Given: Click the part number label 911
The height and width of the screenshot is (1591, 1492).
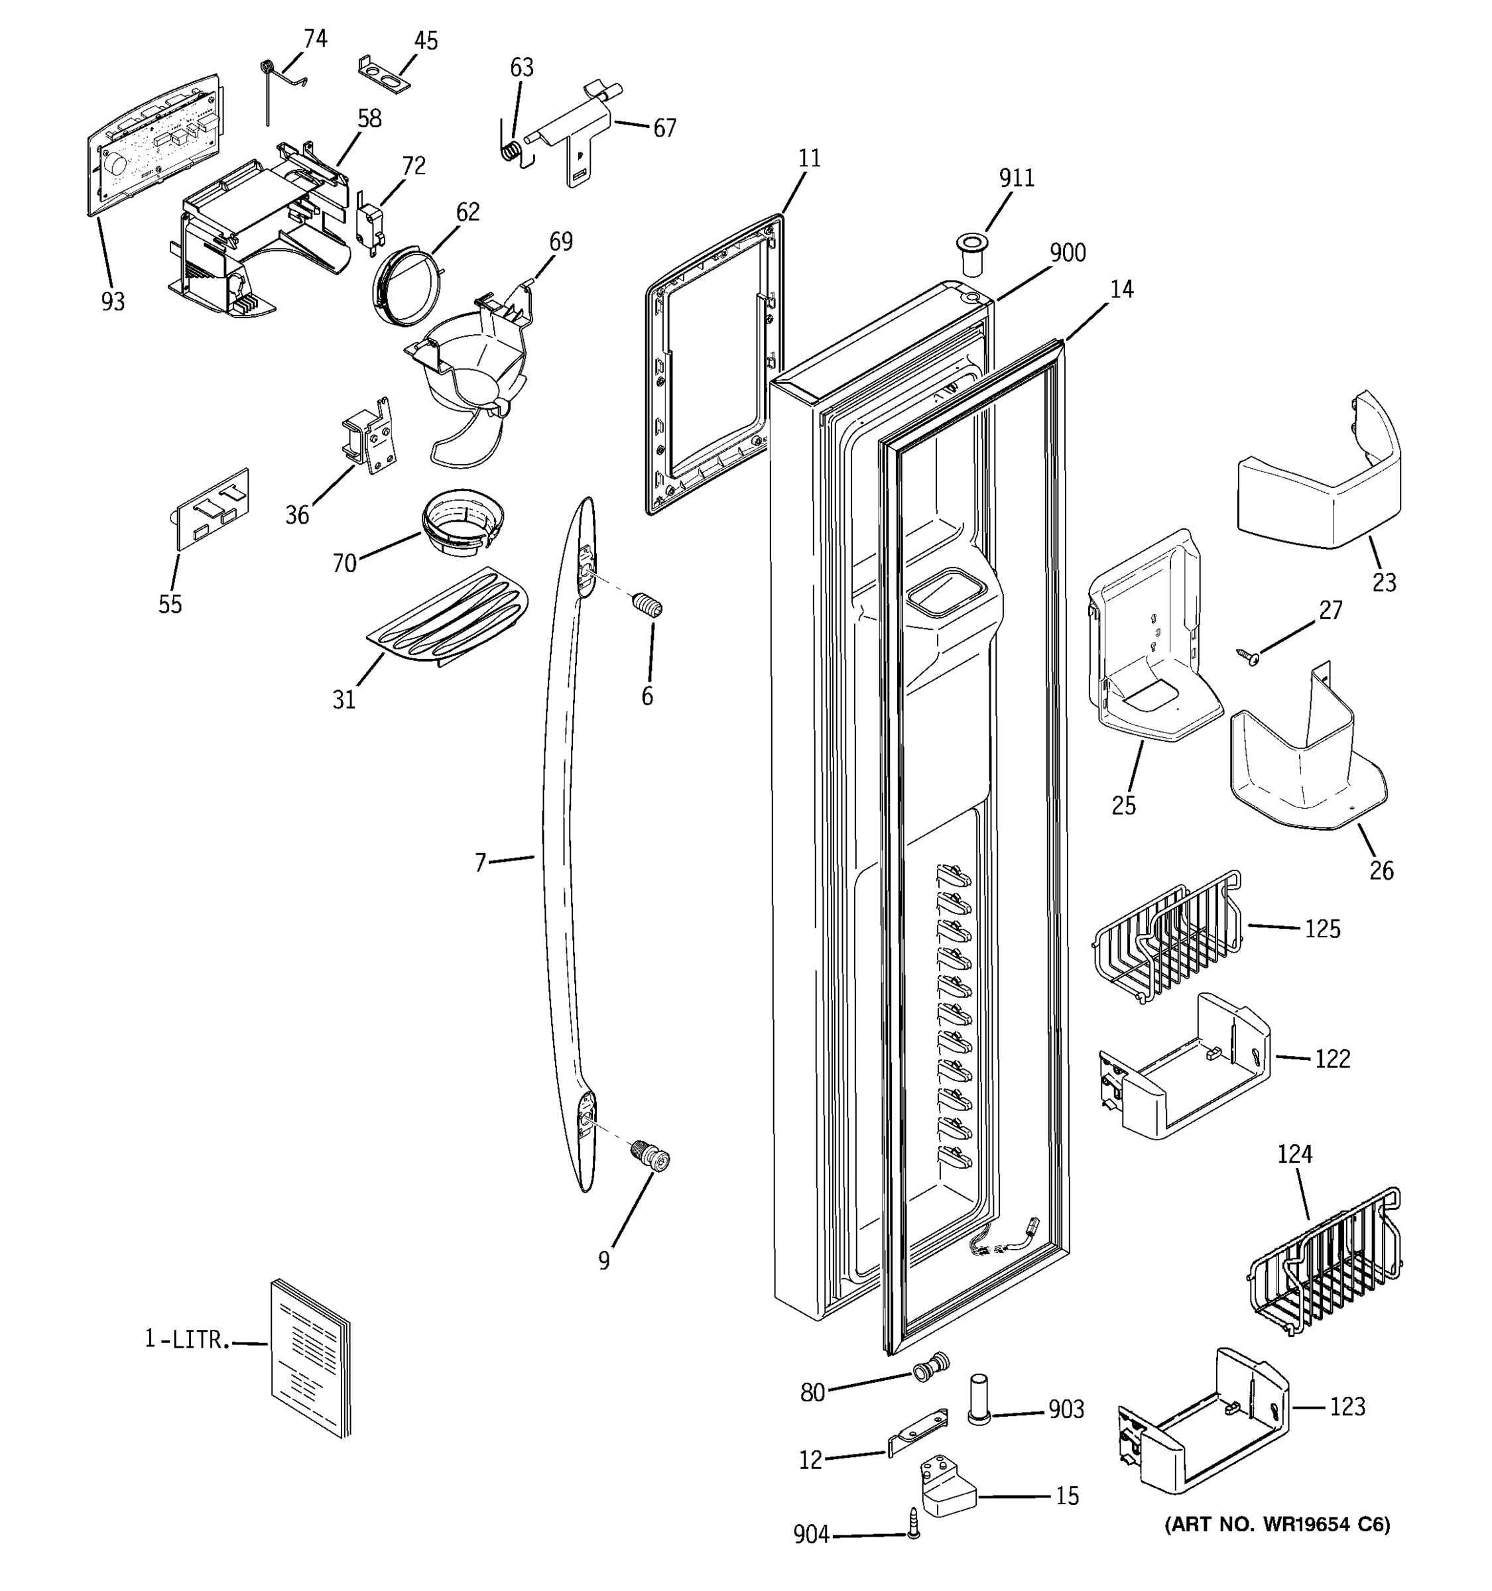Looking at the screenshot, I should (x=1016, y=177).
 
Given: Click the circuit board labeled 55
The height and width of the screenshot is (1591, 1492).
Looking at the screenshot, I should (x=212, y=508).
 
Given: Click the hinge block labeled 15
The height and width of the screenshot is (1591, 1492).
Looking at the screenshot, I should (x=948, y=1486).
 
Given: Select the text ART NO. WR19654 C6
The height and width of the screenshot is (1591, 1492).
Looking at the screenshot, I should (x=1276, y=1525).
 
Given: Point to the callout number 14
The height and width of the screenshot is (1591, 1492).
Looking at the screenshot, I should (x=1121, y=289).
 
